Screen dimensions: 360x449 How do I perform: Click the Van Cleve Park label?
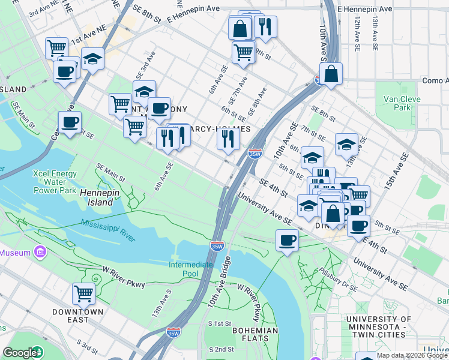click(x=396, y=103)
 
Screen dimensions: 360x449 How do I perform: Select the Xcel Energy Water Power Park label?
click(x=55, y=182)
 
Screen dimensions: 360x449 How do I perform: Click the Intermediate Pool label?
click(x=191, y=269)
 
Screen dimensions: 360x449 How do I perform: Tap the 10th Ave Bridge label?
click(x=219, y=282)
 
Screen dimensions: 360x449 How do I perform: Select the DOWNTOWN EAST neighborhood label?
click(x=79, y=316)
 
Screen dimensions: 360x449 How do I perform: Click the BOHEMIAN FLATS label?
click(x=255, y=335)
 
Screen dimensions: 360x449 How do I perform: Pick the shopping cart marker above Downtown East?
click(x=83, y=294)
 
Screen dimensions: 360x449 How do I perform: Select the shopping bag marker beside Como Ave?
click(x=330, y=74)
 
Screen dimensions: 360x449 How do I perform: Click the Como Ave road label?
click(x=435, y=80)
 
